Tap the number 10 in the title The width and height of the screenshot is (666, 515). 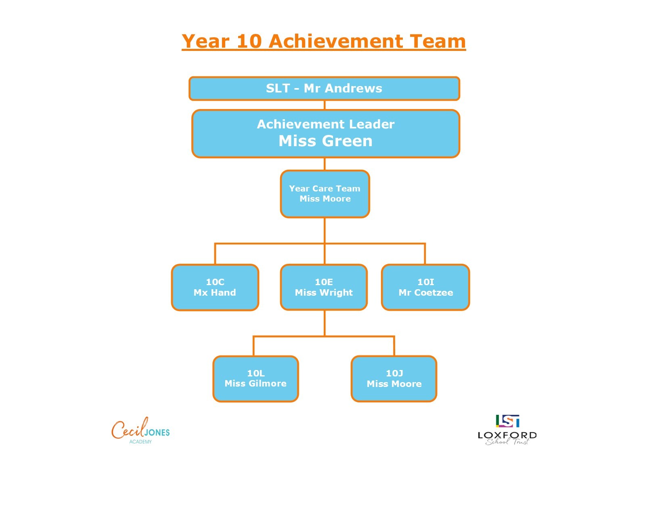pyautogui.click(x=249, y=41)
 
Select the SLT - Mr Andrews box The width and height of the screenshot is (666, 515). pyautogui.click(x=324, y=88)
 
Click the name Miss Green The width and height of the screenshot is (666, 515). pyautogui.click(x=325, y=141)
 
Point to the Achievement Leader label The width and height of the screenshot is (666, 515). pyautogui.click(x=325, y=124)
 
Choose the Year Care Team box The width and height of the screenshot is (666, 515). pyautogui.click(x=325, y=194)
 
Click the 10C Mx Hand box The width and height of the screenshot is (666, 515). pyautogui.click(x=215, y=288)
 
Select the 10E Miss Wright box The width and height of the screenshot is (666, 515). pyautogui.click(x=324, y=288)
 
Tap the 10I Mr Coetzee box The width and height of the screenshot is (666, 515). pyautogui.click(x=425, y=288)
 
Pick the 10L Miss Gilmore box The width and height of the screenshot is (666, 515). pyautogui.click(x=256, y=379)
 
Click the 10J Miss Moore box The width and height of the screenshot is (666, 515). pyautogui.click(x=394, y=379)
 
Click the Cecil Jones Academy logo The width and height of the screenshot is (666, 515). pyautogui.click(x=140, y=430)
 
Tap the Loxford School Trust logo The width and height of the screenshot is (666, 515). pyautogui.click(x=507, y=430)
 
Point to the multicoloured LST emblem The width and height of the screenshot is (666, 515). pyautogui.click(x=507, y=421)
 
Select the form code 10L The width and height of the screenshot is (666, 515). pyautogui.click(x=256, y=373)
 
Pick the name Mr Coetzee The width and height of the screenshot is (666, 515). pyautogui.click(x=426, y=292)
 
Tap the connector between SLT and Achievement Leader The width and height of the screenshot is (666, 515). pyautogui.click(x=325, y=105)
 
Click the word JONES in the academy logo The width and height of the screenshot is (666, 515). pyautogui.click(x=157, y=433)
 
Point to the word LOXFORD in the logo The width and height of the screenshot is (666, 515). pyautogui.click(x=507, y=435)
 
